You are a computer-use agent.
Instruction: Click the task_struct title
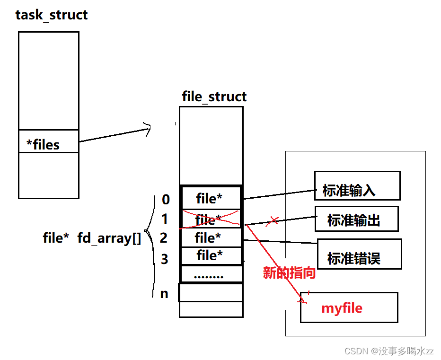[x=51, y=15]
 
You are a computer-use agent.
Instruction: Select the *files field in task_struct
[x=43, y=144]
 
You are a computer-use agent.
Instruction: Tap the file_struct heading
[x=214, y=97]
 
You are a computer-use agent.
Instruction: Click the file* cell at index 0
[x=210, y=199]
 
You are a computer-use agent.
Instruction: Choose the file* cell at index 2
[x=208, y=237]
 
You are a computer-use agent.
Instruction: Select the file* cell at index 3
[x=210, y=255]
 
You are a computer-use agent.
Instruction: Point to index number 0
[x=166, y=200]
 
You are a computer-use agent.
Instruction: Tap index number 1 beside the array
[x=165, y=220]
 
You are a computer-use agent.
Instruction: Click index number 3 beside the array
[x=164, y=259]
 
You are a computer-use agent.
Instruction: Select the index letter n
[x=164, y=293]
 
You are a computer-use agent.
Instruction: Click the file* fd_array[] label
[x=92, y=238]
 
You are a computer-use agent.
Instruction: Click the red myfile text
[x=342, y=308]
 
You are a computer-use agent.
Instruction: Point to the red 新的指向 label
[x=289, y=273]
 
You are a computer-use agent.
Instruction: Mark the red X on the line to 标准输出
[x=273, y=221]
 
